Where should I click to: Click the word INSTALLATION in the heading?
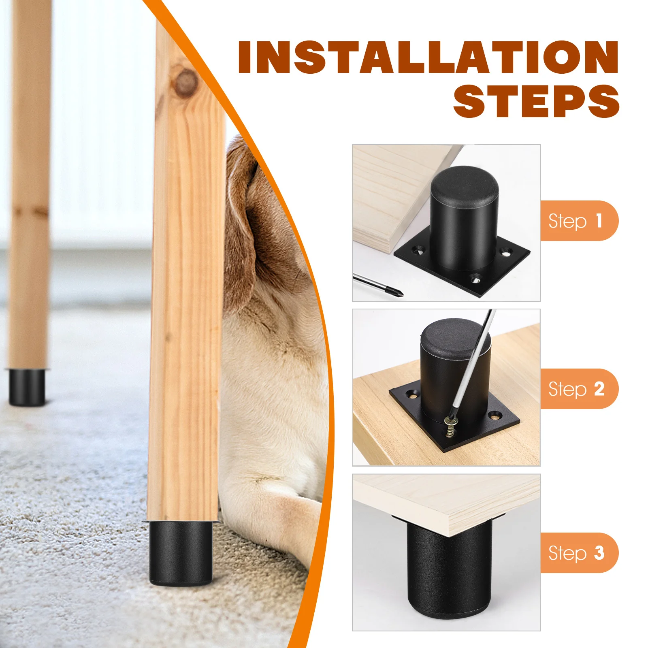pyautogui.click(x=428, y=58)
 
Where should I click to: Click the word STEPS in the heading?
pyautogui.click(x=536, y=101)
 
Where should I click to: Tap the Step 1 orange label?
pyautogui.click(x=578, y=221)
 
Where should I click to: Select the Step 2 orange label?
pyautogui.click(x=578, y=389)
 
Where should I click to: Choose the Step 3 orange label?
pyautogui.click(x=578, y=553)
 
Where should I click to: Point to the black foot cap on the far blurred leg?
pyautogui.click(x=27, y=387)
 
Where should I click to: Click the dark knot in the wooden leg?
pyautogui.click(x=185, y=83)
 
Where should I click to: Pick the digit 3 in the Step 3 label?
pyautogui.click(x=599, y=553)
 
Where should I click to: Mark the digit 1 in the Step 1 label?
pyautogui.click(x=599, y=221)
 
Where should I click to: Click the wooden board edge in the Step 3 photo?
pyautogui.click(x=486, y=522)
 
